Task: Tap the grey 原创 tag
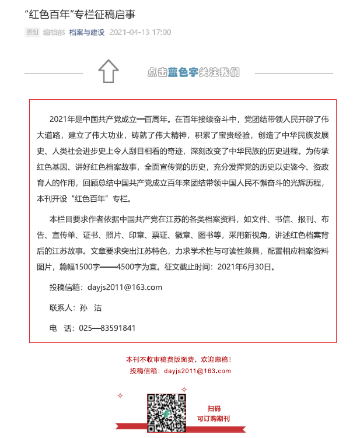click(32, 33)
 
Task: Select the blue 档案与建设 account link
click(86, 33)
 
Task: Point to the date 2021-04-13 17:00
click(140, 33)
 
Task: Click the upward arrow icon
click(109, 71)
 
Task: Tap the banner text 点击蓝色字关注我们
click(193, 72)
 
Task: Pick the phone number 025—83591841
click(107, 328)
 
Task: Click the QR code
click(167, 414)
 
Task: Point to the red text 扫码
click(214, 408)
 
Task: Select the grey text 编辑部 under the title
click(54, 33)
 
